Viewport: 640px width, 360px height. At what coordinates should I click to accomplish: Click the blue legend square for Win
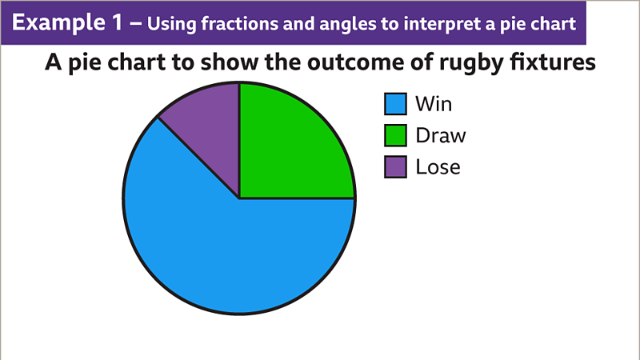click(396, 104)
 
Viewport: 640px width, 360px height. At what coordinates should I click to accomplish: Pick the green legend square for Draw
click(396, 135)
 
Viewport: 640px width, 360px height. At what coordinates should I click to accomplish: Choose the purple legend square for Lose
click(396, 166)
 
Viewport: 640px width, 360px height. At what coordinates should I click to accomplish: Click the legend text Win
click(434, 104)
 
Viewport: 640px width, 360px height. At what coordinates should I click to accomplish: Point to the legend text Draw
click(440, 135)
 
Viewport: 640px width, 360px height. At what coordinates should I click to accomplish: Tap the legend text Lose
click(438, 166)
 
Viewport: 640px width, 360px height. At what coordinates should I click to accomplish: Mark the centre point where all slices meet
click(239, 198)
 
